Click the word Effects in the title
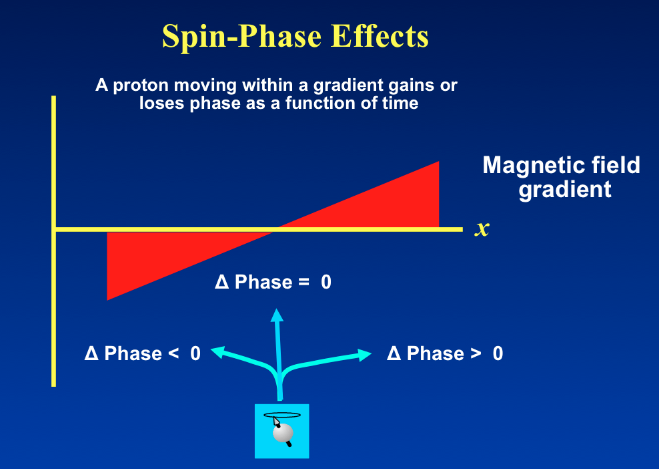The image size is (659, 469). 380,36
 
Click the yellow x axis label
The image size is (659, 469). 482,229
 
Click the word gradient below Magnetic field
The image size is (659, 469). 564,190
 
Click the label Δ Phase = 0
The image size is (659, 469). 273,282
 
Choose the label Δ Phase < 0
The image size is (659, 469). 143,353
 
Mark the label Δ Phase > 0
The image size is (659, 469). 445,353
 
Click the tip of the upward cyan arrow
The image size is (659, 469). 277,309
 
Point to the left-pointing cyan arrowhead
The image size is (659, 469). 217,351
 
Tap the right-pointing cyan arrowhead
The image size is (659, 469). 364,355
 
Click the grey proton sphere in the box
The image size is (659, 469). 282,432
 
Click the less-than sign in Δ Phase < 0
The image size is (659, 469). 173,354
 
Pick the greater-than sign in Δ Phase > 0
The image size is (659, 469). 476,354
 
